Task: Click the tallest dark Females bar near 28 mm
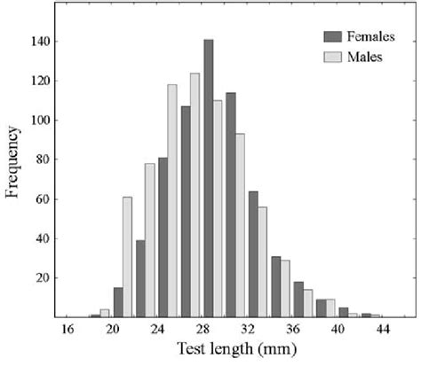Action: pos(208,177)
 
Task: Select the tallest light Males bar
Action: pos(195,194)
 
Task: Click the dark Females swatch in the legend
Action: pos(333,36)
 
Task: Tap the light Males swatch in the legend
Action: pos(333,57)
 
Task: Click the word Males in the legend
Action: pos(363,57)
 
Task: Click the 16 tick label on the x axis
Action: pos(68,330)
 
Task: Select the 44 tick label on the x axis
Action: pos(383,330)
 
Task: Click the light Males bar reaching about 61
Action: pos(127,256)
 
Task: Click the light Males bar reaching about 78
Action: pos(149,239)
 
